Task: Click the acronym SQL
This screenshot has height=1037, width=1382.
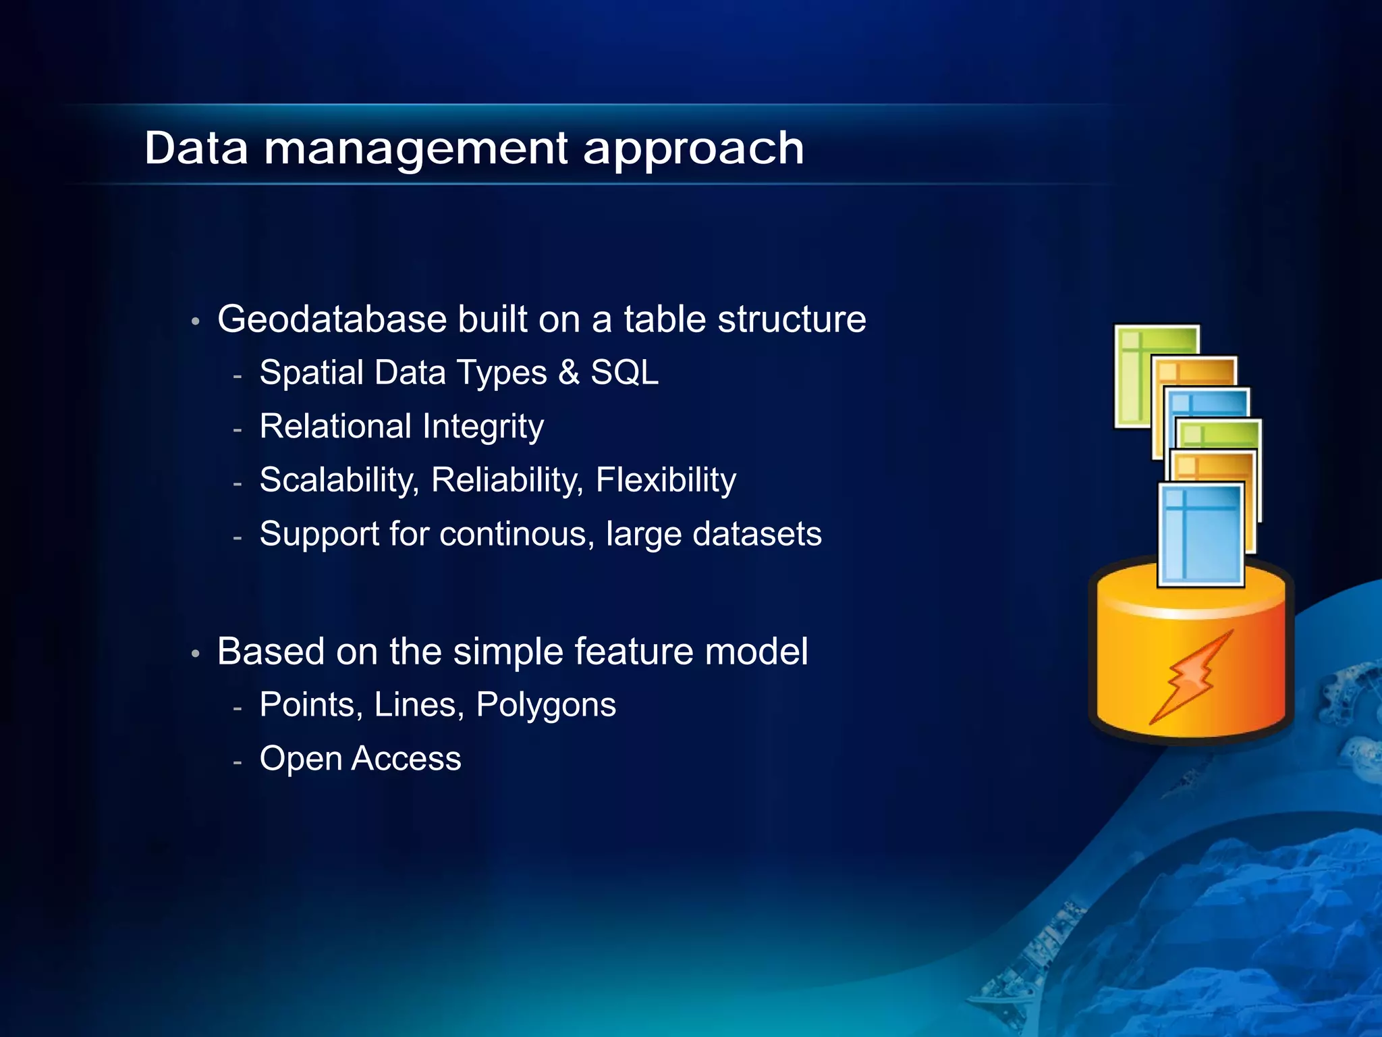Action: (624, 373)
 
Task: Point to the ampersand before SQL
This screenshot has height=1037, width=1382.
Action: (569, 373)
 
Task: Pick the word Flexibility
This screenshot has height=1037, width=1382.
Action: (665, 481)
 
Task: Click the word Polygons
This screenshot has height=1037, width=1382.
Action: (545, 706)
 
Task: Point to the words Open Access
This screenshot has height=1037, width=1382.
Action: (360, 759)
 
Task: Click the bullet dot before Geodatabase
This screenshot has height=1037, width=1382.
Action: (195, 321)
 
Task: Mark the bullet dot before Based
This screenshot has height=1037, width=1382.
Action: (195, 654)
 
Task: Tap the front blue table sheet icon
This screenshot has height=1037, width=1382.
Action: (1200, 534)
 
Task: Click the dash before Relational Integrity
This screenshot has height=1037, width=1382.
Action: (237, 429)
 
